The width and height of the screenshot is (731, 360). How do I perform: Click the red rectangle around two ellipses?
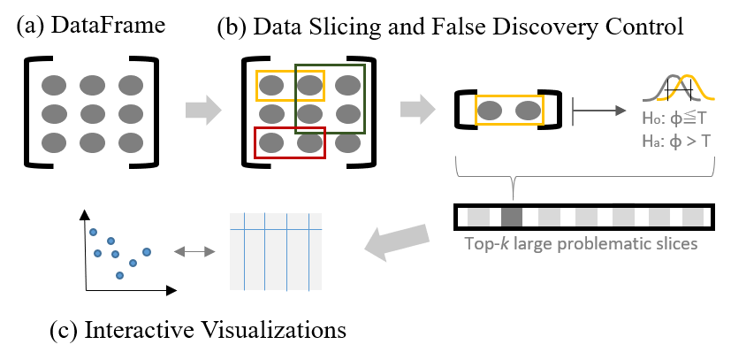[x=290, y=129]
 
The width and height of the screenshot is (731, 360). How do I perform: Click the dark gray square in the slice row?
[x=512, y=217]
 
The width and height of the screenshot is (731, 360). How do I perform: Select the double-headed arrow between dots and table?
[x=194, y=252]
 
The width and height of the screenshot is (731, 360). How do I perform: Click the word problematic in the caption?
[x=596, y=243]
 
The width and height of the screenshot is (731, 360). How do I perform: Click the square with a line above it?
[x=623, y=217]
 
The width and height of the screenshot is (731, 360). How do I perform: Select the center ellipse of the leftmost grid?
[x=92, y=113]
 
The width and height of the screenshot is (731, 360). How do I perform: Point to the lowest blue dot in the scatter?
[x=119, y=275]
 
